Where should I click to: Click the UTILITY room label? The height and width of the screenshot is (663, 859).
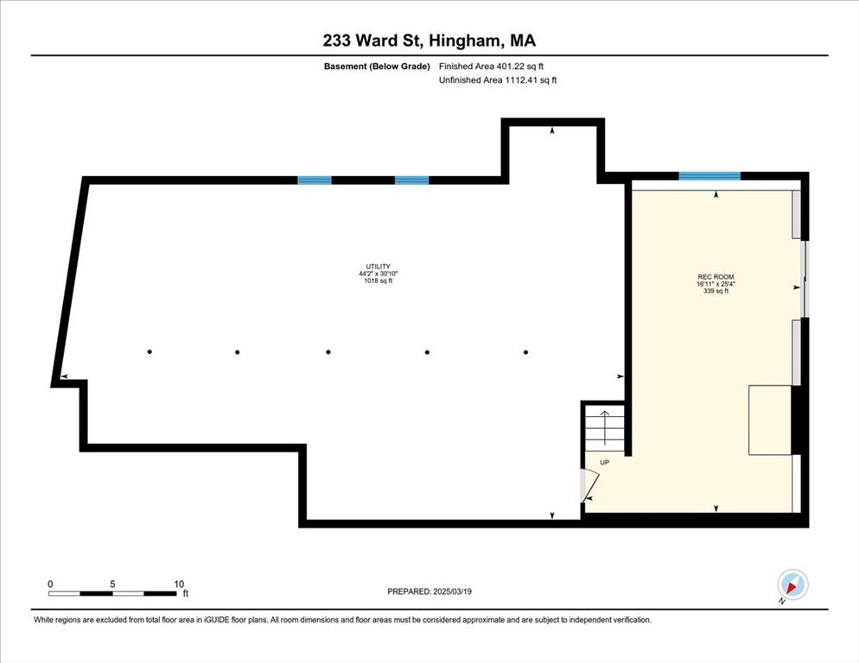[378, 267]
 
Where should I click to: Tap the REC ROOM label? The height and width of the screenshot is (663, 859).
[716, 277]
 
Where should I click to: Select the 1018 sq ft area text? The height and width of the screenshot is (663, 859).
[378, 281]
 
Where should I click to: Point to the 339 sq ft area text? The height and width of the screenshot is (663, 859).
[716, 291]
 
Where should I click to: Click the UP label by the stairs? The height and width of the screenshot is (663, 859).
[604, 463]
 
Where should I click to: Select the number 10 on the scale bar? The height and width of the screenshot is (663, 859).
[179, 584]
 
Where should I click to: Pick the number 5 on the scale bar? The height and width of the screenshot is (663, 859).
[112, 584]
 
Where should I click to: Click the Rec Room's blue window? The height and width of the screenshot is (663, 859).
[709, 176]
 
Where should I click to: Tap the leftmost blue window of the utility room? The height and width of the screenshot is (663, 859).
[315, 180]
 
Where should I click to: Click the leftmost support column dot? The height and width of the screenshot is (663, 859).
[150, 351]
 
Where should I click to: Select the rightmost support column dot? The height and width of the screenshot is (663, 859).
[526, 352]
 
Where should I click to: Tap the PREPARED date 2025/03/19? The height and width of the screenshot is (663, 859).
[452, 591]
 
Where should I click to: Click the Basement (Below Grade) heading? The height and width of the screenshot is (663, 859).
[377, 66]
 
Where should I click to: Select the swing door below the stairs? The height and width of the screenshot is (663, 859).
[590, 484]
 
